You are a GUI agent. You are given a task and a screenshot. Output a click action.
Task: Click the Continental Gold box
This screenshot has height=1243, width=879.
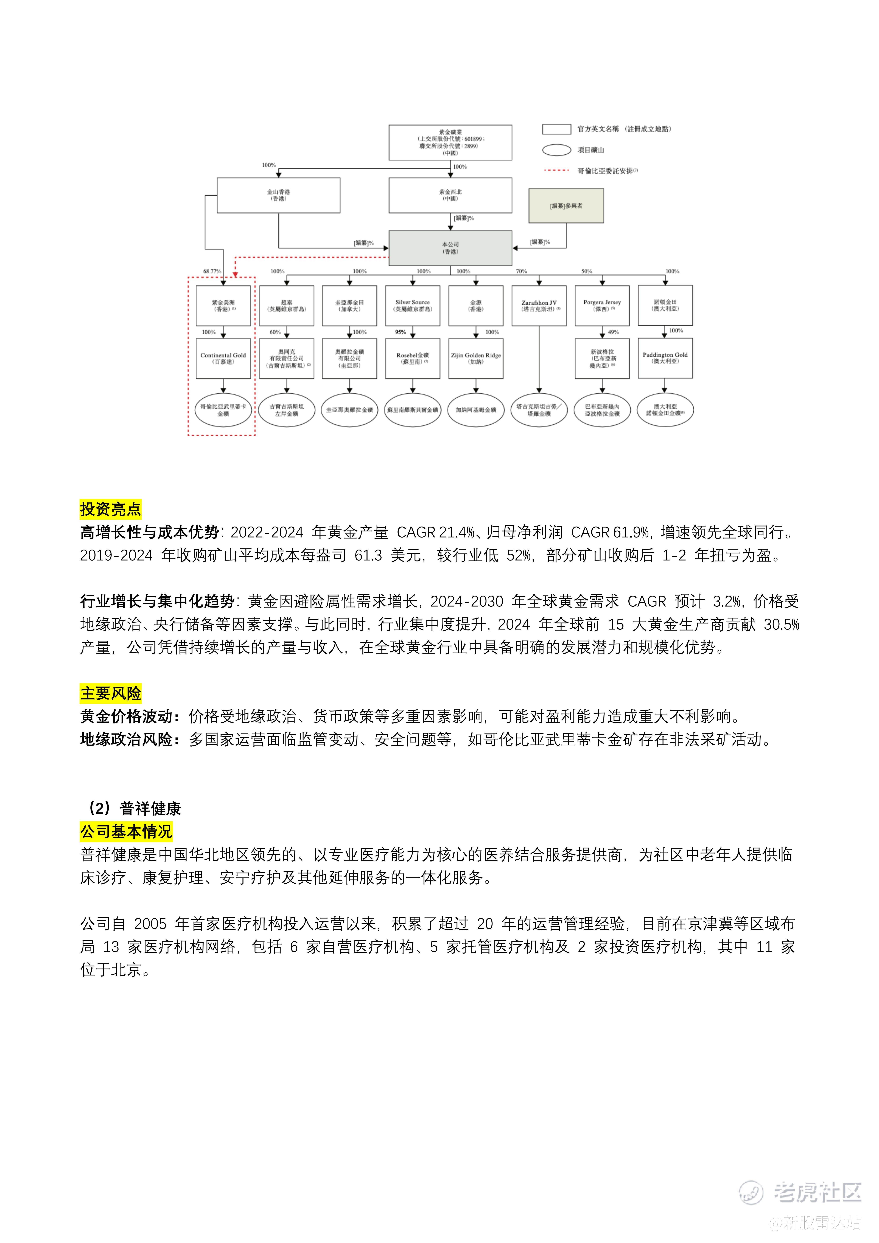click(223, 358)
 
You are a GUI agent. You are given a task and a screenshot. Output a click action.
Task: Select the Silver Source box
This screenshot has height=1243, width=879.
click(413, 306)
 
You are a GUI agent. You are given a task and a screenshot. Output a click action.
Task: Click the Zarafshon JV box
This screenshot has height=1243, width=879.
click(539, 306)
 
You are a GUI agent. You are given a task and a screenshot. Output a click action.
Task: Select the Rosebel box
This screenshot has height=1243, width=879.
click(413, 358)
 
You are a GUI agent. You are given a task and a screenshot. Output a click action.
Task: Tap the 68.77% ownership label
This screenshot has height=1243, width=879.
click(212, 271)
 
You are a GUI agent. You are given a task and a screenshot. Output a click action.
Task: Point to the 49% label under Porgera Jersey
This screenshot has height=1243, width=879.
click(613, 332)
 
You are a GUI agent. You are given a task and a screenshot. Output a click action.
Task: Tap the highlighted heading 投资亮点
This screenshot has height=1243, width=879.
click(110, 509)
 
